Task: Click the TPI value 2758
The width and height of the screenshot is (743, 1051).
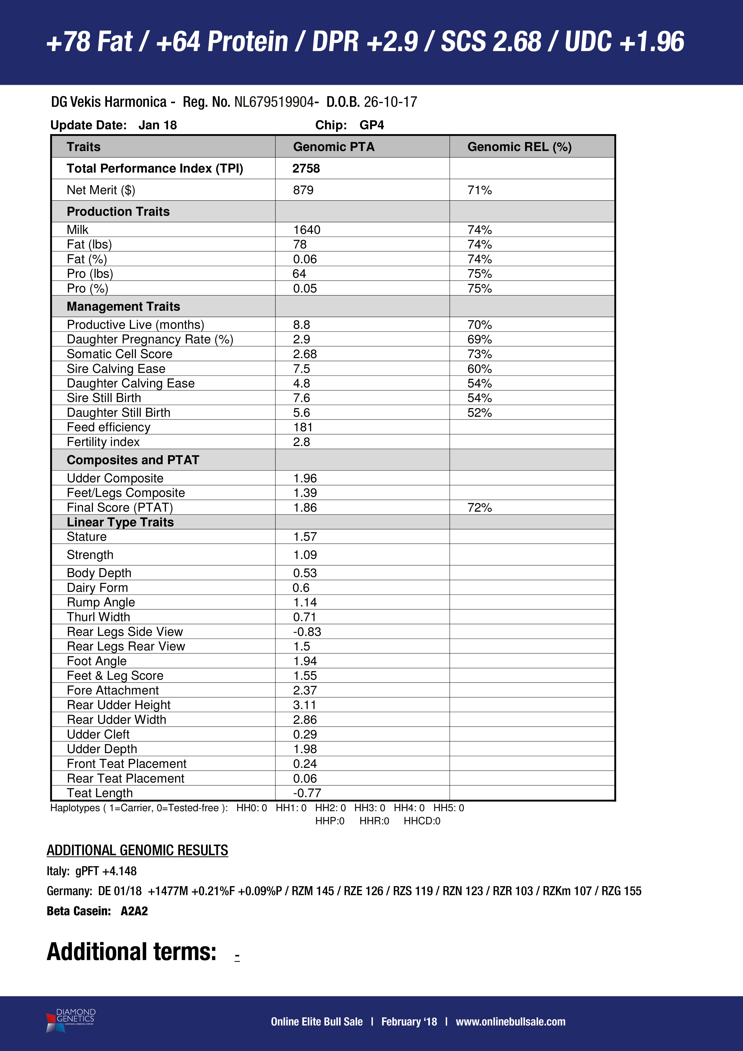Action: click(x=306, y=168)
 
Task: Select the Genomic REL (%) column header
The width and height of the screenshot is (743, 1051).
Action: click(x=519, y=147)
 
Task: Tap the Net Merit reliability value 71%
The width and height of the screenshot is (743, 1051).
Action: click(x=480, y=190)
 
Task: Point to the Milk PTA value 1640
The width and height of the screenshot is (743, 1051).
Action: click(x=307, y=230)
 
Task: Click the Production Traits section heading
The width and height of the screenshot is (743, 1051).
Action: click(x=118, y=211)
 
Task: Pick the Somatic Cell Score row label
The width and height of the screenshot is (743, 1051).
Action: click(x=119, y=354)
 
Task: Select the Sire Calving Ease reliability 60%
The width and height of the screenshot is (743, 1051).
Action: click(x=480, y=369)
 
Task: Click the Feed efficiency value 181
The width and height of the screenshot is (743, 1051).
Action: click(x=303, y=427)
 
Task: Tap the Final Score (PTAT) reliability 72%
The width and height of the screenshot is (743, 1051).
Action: click(x=480, y=507)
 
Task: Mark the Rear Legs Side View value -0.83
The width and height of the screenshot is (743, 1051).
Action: click(x=307, y=632)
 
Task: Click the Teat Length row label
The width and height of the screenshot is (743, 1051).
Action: click(x=100, y=793)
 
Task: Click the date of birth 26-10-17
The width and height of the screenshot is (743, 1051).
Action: click(x=390, y=102)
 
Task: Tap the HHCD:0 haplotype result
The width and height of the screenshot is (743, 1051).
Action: click(x=422, y=821)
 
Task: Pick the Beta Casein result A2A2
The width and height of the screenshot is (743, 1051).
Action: click(x=134, y=911)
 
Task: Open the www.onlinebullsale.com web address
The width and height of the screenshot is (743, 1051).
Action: click(x=511, y=1022)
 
